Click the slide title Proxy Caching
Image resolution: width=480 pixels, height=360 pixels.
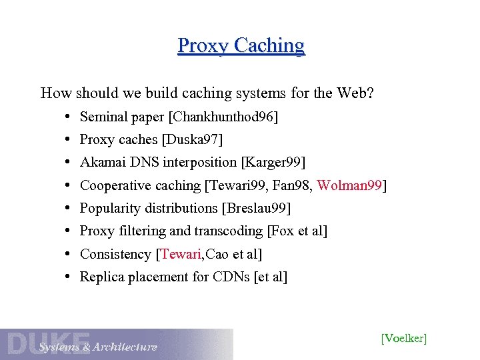click(241, 45)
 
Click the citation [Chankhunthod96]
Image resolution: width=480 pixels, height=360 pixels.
click(223, 117)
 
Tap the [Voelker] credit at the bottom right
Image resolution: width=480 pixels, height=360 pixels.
click(403, 338)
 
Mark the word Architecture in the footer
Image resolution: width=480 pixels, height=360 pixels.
click(125, 347)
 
